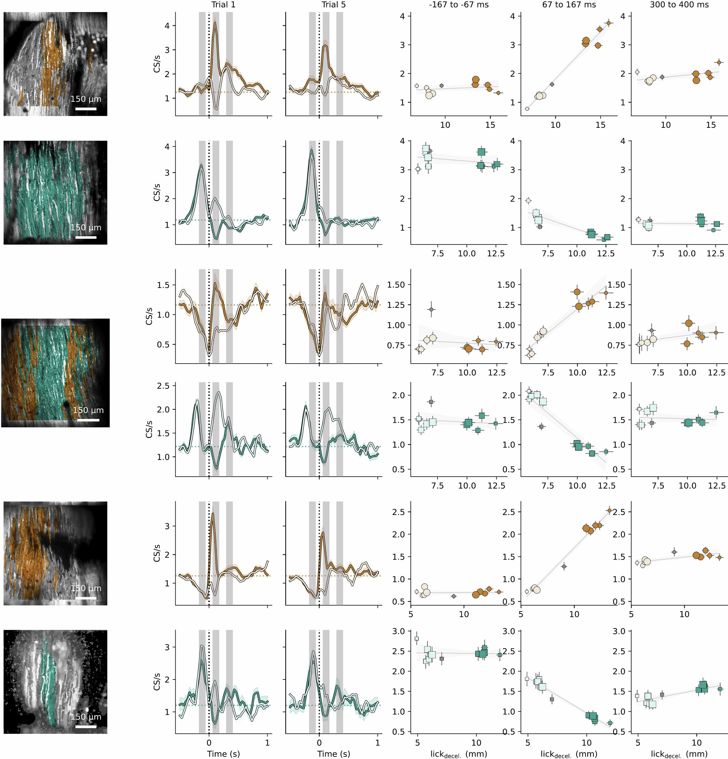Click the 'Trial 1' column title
pyautogui.click(x=223, y=5)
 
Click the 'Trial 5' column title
pyautogui.click(x=333, y=5)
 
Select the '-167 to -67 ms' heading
pyautogui.click(x=458, y=5)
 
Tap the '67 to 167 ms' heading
pyautogui.click(x=569, y=5)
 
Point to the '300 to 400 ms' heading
pyautogui.click(x=679, y=5)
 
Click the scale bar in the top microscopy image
pyautogui.click(x=86, y=109)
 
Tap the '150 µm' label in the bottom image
pyautogui.click(x=86, y=716)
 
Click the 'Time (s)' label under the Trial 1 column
pyautogui.click(x=223, y=754)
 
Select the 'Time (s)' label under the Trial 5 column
pyautogui.click(x=333, y=754)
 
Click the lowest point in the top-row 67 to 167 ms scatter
pyautogui.click(x=527, y=109)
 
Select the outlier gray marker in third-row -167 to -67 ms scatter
pyautogui.click(x=431, y=309)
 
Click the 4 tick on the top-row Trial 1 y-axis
pyautogui.click(x=167, y=26)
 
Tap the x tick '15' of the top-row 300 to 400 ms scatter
pyautogui.click(x=711, y=125)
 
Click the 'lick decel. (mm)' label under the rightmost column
pyautogui.click(x=679, y=754)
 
